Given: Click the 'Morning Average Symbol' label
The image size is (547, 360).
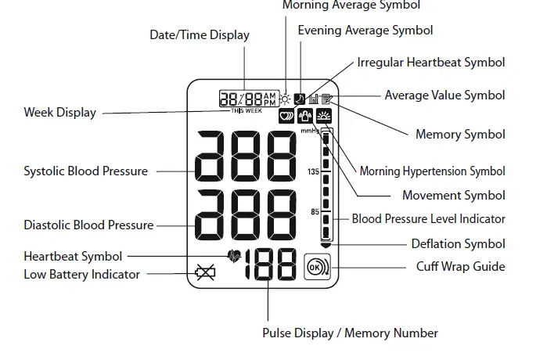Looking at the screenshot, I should click(351, 5).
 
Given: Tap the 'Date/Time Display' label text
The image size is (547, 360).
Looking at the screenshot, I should click(200, 34).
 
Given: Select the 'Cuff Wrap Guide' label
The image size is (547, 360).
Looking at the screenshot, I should click(460, 266).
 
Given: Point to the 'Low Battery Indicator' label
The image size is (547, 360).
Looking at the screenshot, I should click(82, 274).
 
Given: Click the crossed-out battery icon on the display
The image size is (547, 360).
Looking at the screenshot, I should click(206, 273).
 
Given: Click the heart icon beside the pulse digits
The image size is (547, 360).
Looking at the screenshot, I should click(233, 254).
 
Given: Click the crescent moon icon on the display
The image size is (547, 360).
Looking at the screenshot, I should click(300, 99).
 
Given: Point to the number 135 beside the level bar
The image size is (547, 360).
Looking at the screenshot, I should click(313, 171).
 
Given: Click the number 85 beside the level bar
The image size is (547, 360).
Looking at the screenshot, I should click(315, 211).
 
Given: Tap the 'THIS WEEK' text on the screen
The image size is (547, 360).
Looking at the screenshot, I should click(247, 111).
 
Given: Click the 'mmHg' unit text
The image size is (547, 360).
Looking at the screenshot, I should click(310, 131).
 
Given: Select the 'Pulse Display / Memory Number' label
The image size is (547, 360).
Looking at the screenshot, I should click(350, 333).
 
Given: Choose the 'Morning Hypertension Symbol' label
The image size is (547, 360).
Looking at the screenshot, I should click(432, 171).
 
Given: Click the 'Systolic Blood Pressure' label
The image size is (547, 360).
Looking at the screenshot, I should click(85, 171).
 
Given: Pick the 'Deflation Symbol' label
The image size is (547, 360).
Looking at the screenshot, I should click(459, 243).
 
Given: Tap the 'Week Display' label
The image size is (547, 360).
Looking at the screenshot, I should click(59, 112).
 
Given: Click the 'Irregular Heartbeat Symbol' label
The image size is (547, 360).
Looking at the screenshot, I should click(431, 62).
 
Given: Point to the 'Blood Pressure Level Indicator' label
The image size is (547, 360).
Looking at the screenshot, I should click(428, 219).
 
